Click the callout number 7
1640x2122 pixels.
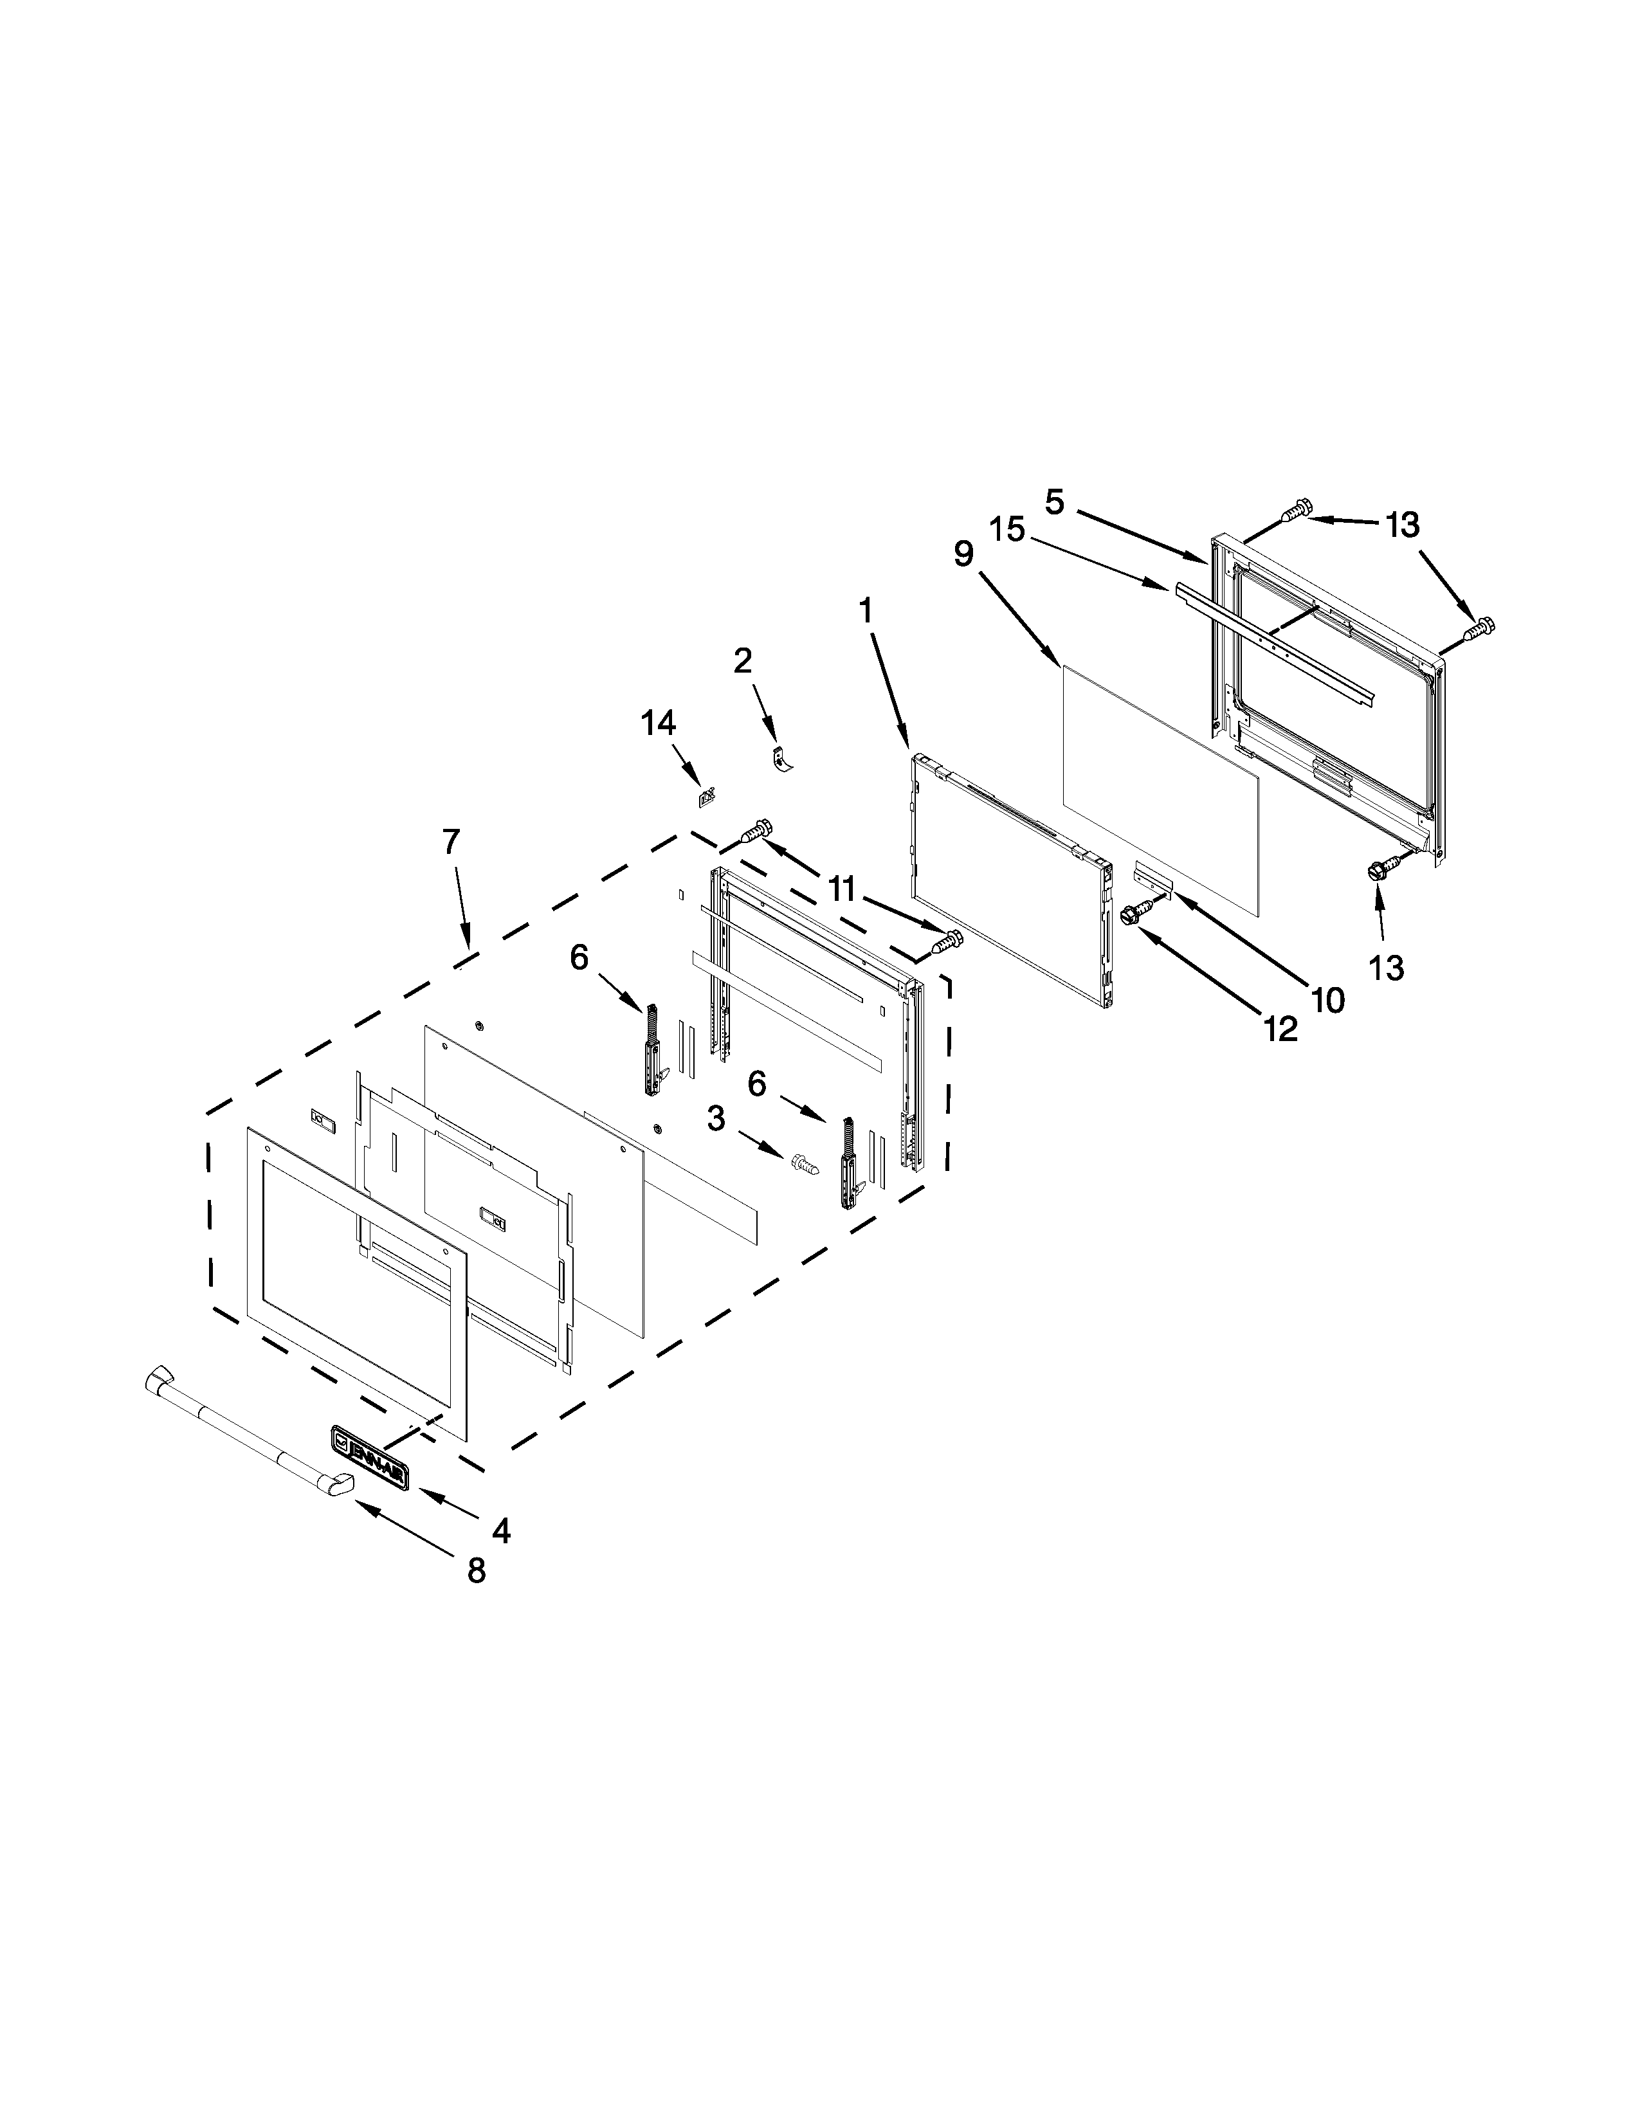pos(451,842)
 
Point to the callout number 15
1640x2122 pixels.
pos(1008,530)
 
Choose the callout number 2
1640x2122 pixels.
pos(742,662)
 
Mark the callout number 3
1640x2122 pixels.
pos(716,1120)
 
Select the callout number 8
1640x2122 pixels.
pos(476,1571)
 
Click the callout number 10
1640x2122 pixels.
pos(1328,1000)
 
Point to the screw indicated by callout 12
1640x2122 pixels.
pos(1134,912)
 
